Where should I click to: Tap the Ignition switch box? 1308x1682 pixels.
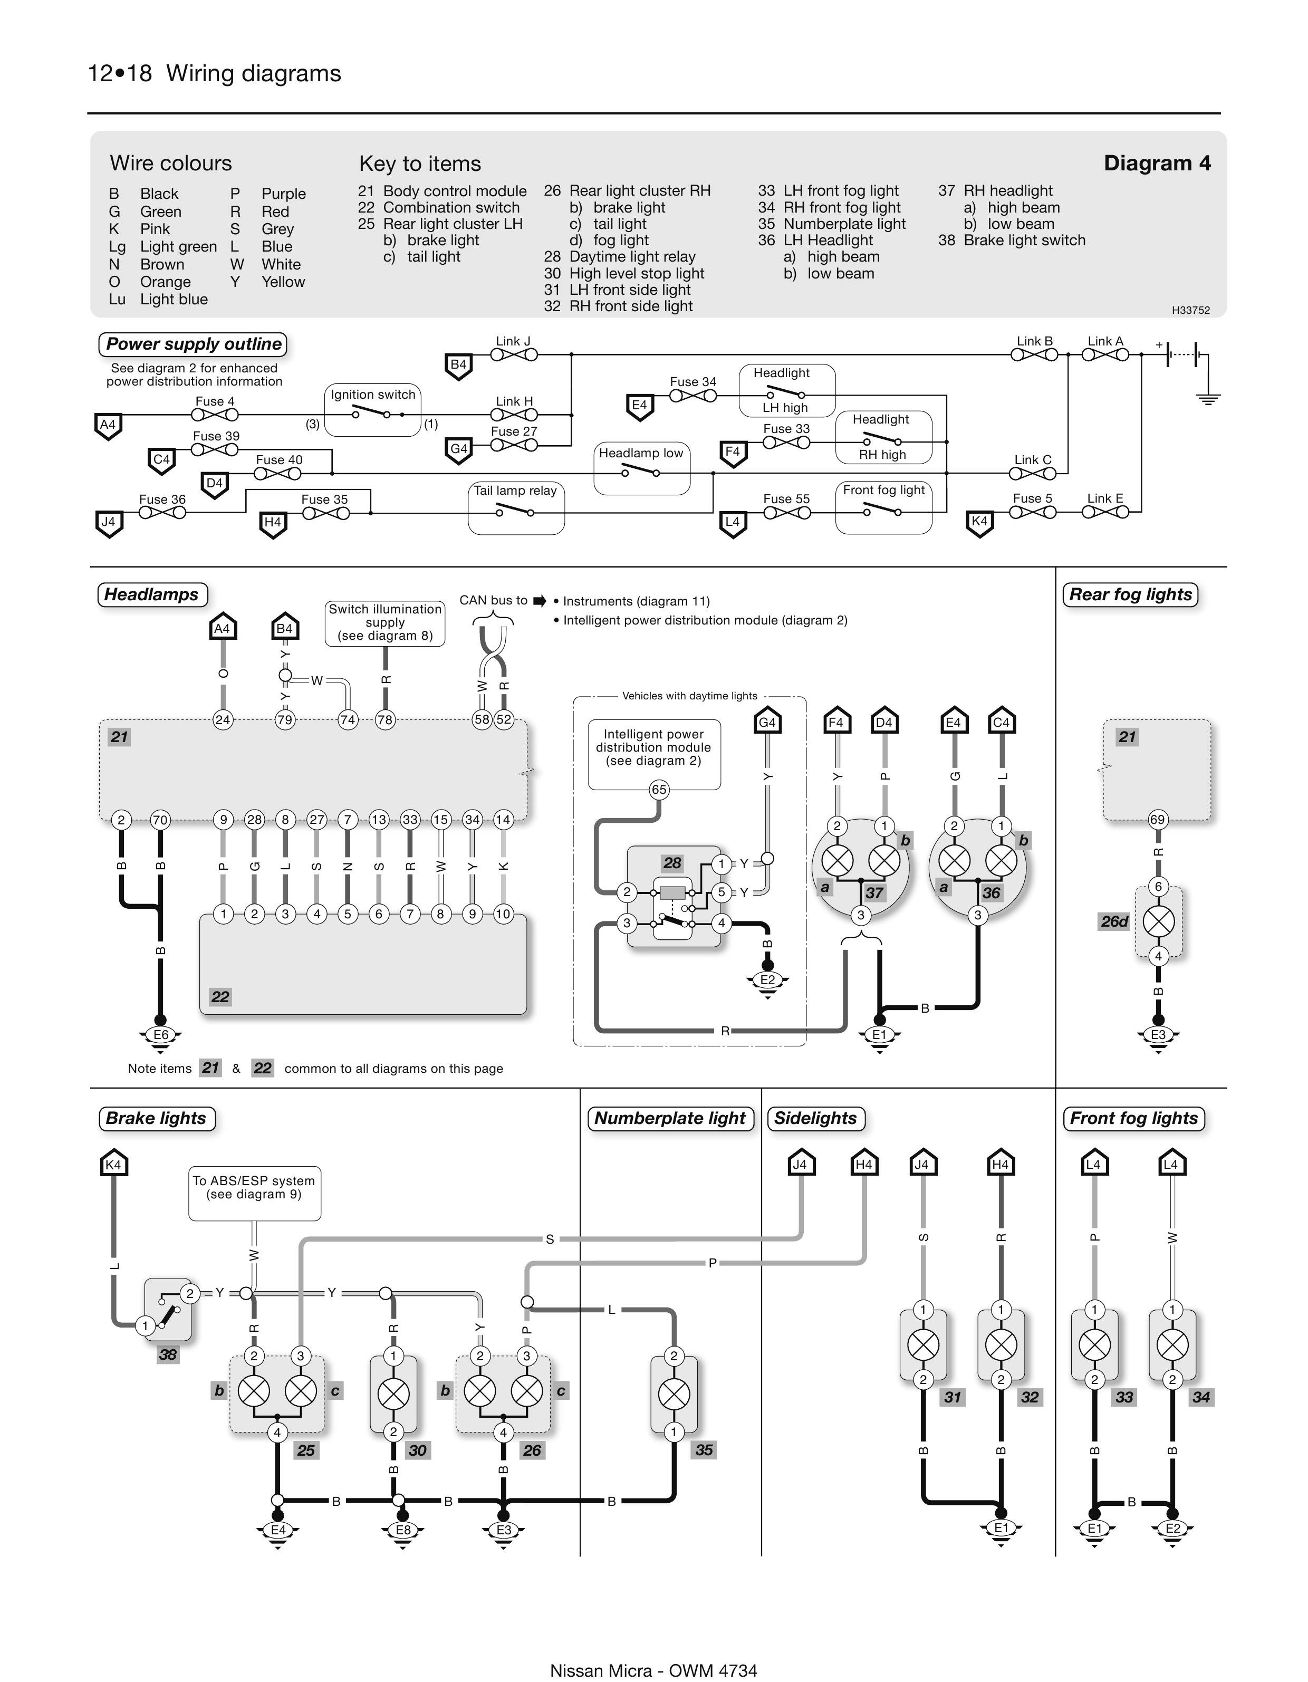click(373, 410)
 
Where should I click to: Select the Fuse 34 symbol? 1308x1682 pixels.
click(693, 396)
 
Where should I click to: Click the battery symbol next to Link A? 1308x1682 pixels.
click(1182, 355)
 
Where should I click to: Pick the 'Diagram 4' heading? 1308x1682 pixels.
click(1156, 164)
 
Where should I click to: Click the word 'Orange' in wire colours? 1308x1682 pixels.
click(165, 282)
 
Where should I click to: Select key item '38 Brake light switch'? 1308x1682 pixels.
click(1012, 241)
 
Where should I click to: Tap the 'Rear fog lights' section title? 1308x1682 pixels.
click(1130, 594)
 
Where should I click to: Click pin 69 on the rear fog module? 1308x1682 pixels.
click(1157, 820)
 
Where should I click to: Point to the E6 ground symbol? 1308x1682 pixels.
click(160, 1035)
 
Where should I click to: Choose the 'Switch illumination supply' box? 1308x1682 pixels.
click(385, 622)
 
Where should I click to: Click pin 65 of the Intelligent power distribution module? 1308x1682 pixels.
click(659, 790)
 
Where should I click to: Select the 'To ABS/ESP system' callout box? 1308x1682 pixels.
click(254, 1193)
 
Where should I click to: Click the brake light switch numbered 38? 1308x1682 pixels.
click(168, 1309)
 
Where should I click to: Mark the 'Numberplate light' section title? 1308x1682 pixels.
click(669, 1118)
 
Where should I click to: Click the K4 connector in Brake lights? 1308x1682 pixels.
click(113, 1165)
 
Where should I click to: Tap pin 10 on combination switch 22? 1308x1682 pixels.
click(502, 914)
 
